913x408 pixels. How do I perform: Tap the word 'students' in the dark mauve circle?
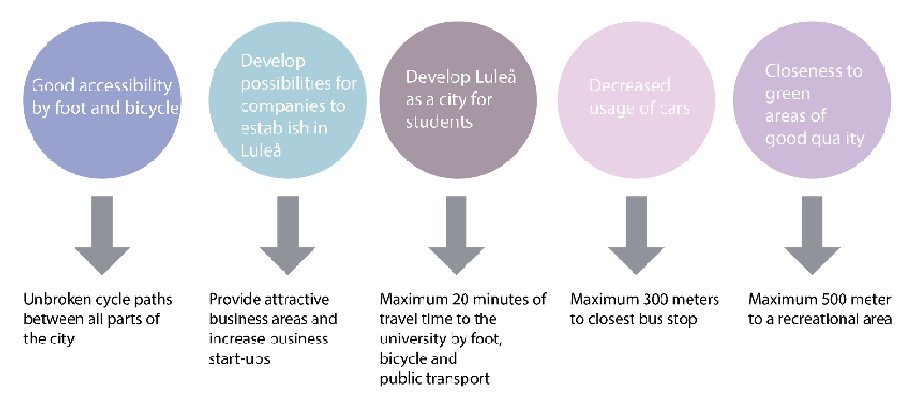(439, 122)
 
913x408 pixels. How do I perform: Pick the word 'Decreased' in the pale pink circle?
(629, 85)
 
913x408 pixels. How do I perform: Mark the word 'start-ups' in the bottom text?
(240, 359)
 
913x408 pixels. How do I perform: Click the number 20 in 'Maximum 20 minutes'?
(461, 299)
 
